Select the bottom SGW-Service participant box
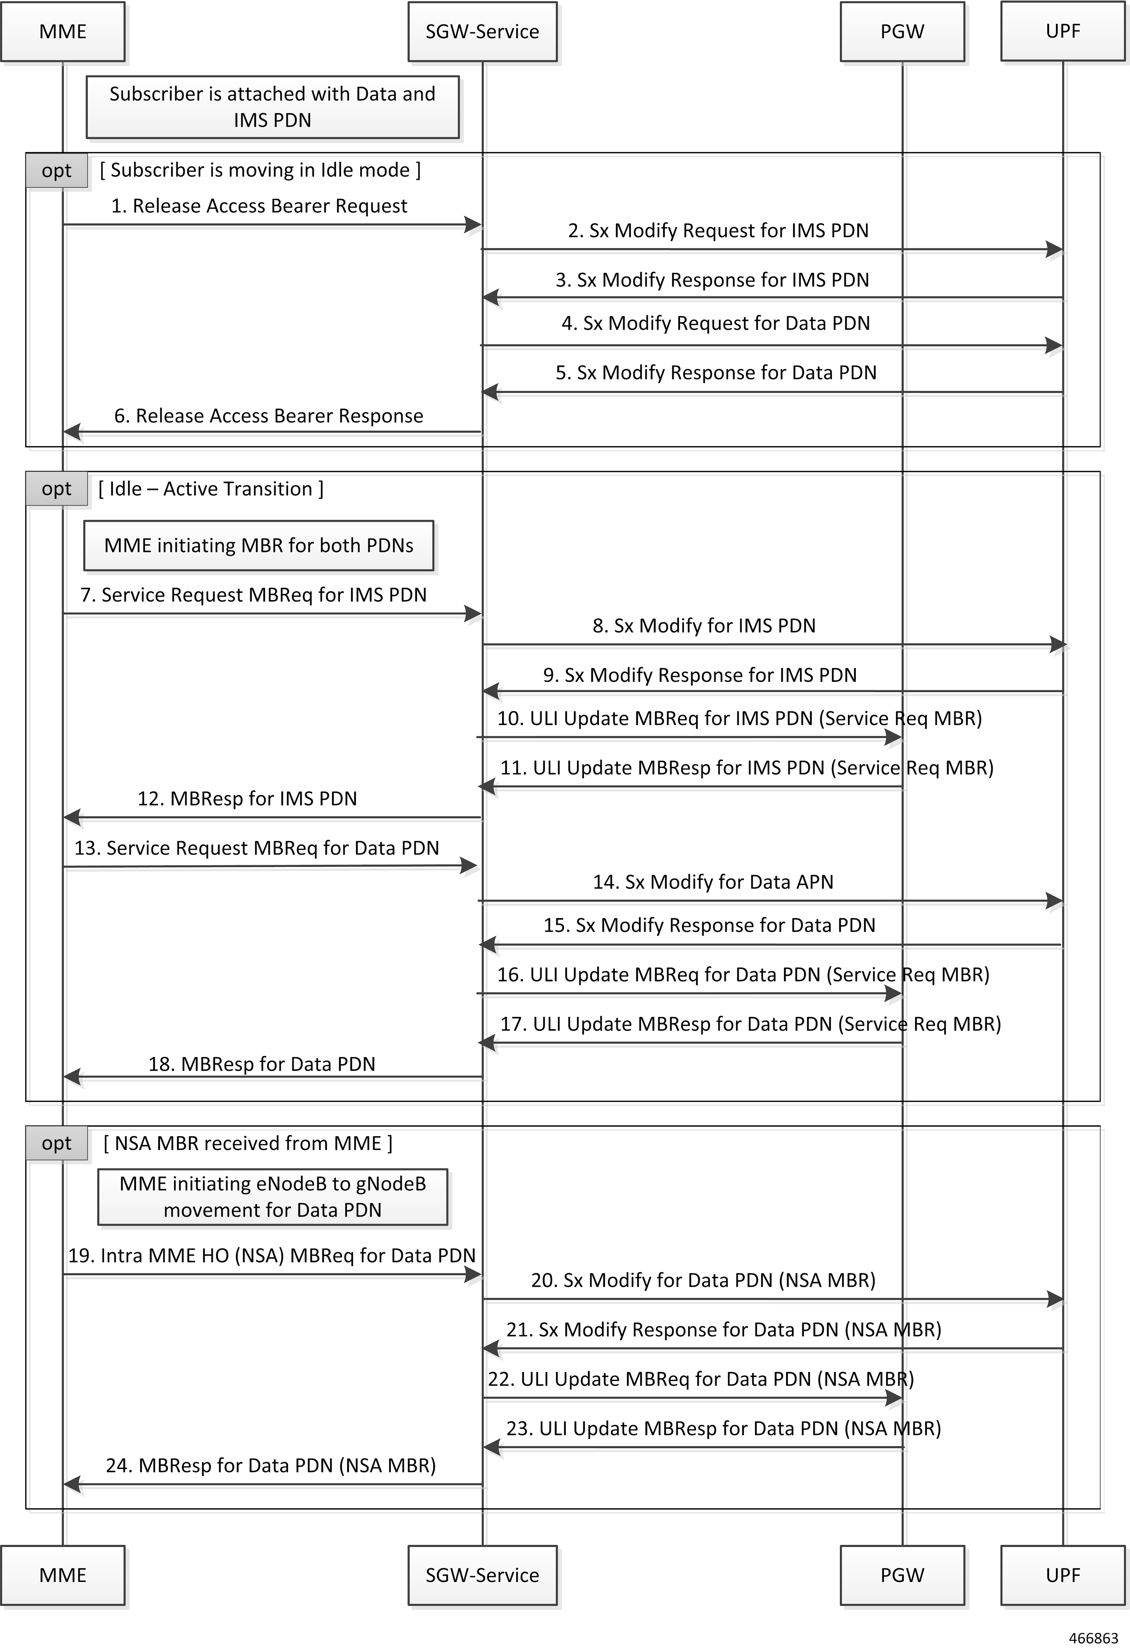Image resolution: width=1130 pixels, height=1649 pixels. pyautogui.click(x=482, y=1575)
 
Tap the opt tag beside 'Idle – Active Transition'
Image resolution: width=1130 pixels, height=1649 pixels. pyautogui.click(x=57, y=489)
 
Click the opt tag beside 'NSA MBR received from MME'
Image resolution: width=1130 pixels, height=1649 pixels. pyautogui.click(x=57, y=1143)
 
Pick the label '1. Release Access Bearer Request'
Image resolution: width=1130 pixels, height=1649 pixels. pyautogui.click(x=259, y=206)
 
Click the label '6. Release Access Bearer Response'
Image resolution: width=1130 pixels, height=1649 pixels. pyautogui.click(x=269, y=416)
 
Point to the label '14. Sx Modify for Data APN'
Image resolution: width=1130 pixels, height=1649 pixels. pyautogui.click(x=713, y=882)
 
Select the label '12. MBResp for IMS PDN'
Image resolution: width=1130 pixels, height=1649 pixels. pyautogui.click(x=247, y=799)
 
